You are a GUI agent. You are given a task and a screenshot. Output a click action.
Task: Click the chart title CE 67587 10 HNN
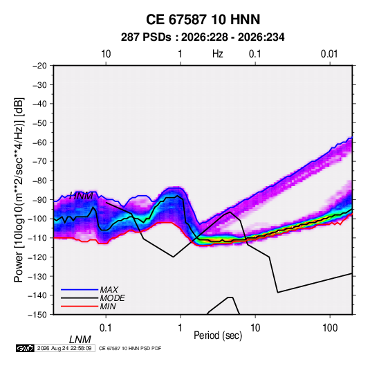click(x=203, y=19)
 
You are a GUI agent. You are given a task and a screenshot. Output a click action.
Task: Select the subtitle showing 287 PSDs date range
click(x=203, y=37)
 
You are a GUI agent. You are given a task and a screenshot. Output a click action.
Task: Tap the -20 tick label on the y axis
click(x=39, y=66)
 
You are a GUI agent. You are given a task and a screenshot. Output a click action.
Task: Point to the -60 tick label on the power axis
click(x=39, y=142)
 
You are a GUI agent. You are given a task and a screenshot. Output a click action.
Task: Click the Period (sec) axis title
click(x=218, y=336)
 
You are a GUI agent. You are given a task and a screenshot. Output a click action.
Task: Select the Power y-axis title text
click(x=19, y=190)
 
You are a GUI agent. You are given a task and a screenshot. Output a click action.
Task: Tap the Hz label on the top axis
click(x=218, y=54)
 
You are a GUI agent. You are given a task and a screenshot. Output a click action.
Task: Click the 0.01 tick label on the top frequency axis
click(x=329, y=54)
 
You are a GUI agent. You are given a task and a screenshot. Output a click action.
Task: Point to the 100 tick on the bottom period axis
click(x=330, y=328)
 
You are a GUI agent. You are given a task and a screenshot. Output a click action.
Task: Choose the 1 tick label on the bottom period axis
click(x=180, y=328)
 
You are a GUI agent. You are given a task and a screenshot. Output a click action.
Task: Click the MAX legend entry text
click(x=109, y=290)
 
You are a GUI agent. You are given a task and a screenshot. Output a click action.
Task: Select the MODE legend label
click(x=112, y=298)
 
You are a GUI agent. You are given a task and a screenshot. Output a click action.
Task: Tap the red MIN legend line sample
click(x=80, y=306)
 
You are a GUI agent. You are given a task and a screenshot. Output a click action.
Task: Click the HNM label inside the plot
click(x=81, y=196)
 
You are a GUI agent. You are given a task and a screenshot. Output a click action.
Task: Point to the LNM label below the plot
click(x=80, y=340)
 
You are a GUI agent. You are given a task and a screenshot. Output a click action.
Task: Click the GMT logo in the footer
click(x=25, y=348)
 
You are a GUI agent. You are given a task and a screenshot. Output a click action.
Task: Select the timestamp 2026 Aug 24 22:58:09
click(x=64, y=348)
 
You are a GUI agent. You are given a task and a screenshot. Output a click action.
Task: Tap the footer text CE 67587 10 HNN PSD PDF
click(x=130, y=348)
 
